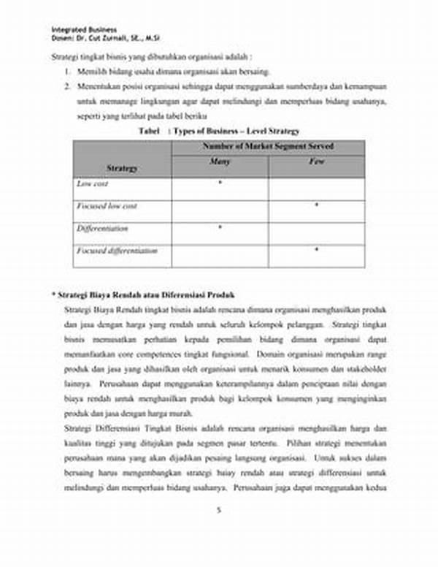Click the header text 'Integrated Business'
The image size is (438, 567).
click(84, 29)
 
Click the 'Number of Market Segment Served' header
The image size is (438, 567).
click(268, 147)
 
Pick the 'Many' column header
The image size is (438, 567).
click(220, 161)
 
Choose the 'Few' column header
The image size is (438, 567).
click(316, 161)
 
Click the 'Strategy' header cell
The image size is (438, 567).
click(122, 168)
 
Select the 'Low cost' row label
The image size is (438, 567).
click(93, 184)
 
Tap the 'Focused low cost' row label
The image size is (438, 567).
click(107, 207)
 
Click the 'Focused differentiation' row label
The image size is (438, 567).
click(117, 251)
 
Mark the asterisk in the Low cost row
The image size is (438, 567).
click(220, 183)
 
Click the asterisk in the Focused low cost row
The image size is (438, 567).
click(316, 205)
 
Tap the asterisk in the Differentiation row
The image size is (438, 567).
click(220, 228)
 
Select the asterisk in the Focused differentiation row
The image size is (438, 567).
click(316, 250)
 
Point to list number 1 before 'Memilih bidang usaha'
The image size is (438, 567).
click(66, 72)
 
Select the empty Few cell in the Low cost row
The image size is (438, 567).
click(316, 189)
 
